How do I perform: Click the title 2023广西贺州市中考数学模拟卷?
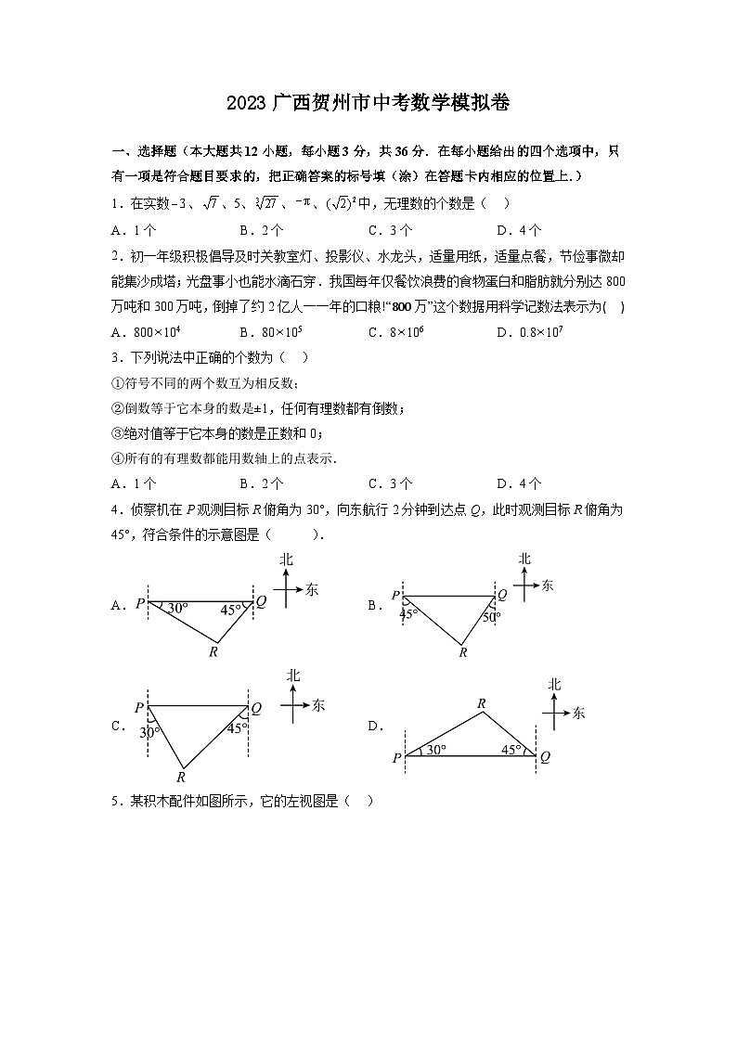tap(368, 103)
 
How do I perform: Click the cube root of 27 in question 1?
tap(265, 204)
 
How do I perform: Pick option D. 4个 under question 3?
tap(519, 483)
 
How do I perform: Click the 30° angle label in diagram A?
tap(177, 609)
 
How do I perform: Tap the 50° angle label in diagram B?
tap(492, 616)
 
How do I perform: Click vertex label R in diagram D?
tap(482, 704)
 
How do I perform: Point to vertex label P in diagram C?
tap(139, 708)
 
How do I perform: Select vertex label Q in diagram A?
tap(262, 601)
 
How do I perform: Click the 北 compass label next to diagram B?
tap(524, 559)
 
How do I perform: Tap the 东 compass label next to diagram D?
tap(579, 713)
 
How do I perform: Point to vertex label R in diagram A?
tap(213, 652)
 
